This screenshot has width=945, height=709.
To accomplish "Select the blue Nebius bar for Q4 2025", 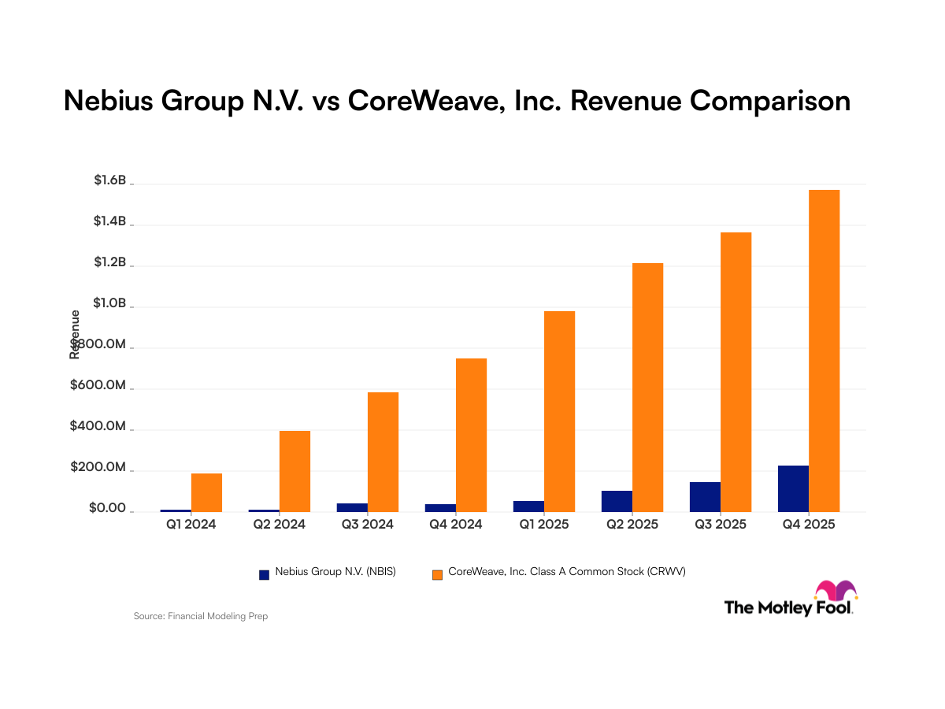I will [x=793, y=488].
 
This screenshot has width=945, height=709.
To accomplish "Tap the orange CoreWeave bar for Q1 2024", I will [x=206, y=492].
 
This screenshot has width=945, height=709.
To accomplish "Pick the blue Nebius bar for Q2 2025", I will [x=617, y=501].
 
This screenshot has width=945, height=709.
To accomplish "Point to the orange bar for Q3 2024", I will [x=383, y=452].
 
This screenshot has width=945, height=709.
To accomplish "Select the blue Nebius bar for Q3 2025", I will [x=705, y=497].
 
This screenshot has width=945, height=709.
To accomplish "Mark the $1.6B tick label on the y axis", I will [x=110, y=181].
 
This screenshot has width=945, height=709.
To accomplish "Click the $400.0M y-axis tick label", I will [x=98, y=427].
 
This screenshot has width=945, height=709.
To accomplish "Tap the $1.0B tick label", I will [x=110, y=304].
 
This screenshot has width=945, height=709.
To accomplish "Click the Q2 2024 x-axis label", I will [x=279, y=524].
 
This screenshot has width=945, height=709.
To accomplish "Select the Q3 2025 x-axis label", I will [x=720, y=524].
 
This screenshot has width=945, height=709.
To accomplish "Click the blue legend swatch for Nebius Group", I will [x=265, y=574].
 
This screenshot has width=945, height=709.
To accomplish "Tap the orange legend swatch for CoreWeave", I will [x=437, y=574].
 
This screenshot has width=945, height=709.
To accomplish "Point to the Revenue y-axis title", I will [x=76, y=334].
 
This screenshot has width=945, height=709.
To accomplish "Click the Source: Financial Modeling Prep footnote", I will [x=201, y=616].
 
